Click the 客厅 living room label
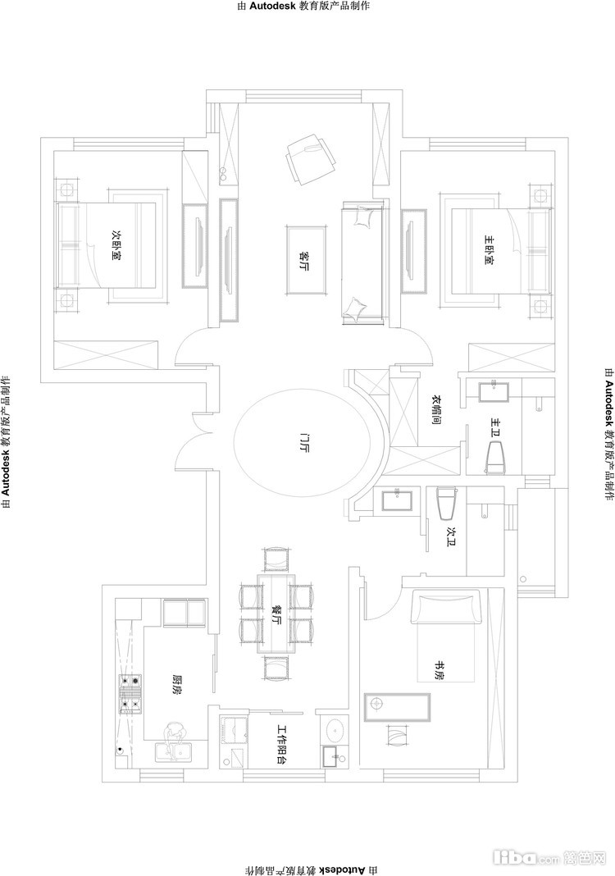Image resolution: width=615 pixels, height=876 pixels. click(305, 260)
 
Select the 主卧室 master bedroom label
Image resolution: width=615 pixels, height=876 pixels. click(489, 249)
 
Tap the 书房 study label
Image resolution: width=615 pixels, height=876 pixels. click(441, 670)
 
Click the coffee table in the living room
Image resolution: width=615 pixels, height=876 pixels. click(306, 260)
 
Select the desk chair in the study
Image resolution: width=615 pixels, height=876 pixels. click(396, 735)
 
